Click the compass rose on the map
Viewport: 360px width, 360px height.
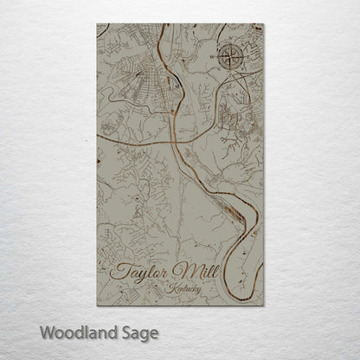230,58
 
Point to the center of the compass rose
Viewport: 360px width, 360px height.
230,58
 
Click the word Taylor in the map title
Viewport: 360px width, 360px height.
142,272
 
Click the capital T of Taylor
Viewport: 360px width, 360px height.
119,270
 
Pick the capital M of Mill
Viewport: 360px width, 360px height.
184,271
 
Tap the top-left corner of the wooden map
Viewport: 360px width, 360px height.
97,23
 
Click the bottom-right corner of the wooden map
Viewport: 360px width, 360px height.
264,305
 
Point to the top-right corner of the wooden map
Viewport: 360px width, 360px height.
264,23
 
